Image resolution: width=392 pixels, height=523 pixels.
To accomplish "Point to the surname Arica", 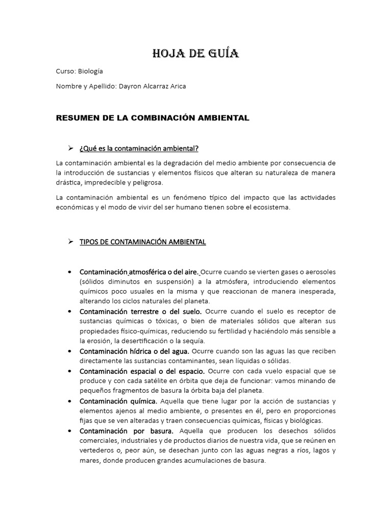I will [x=176, y=86].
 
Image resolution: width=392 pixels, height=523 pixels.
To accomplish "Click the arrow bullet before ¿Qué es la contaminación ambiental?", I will [x=71, y=148].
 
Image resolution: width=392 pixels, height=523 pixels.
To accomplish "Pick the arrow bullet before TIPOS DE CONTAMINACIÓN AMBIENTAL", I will [x=71, y=242].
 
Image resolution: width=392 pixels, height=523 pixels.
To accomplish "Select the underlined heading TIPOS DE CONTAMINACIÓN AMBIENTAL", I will [x=142, y=242].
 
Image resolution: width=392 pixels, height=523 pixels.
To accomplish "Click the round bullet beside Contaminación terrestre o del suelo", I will [x=69, y=311].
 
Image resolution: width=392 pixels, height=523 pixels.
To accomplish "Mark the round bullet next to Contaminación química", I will [x=69, y=400].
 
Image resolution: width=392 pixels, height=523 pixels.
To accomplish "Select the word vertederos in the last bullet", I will [x=98, y=450].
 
